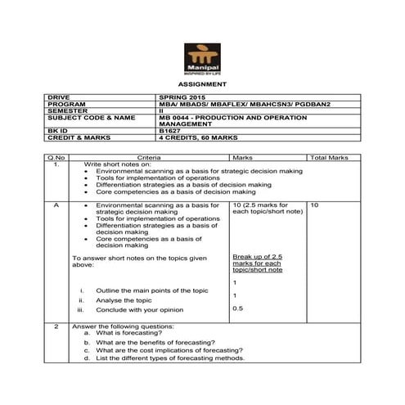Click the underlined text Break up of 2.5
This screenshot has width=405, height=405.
click(259, 256)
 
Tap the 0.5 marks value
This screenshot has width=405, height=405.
click(237, 308)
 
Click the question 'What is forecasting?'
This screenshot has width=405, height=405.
click(128, 334)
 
